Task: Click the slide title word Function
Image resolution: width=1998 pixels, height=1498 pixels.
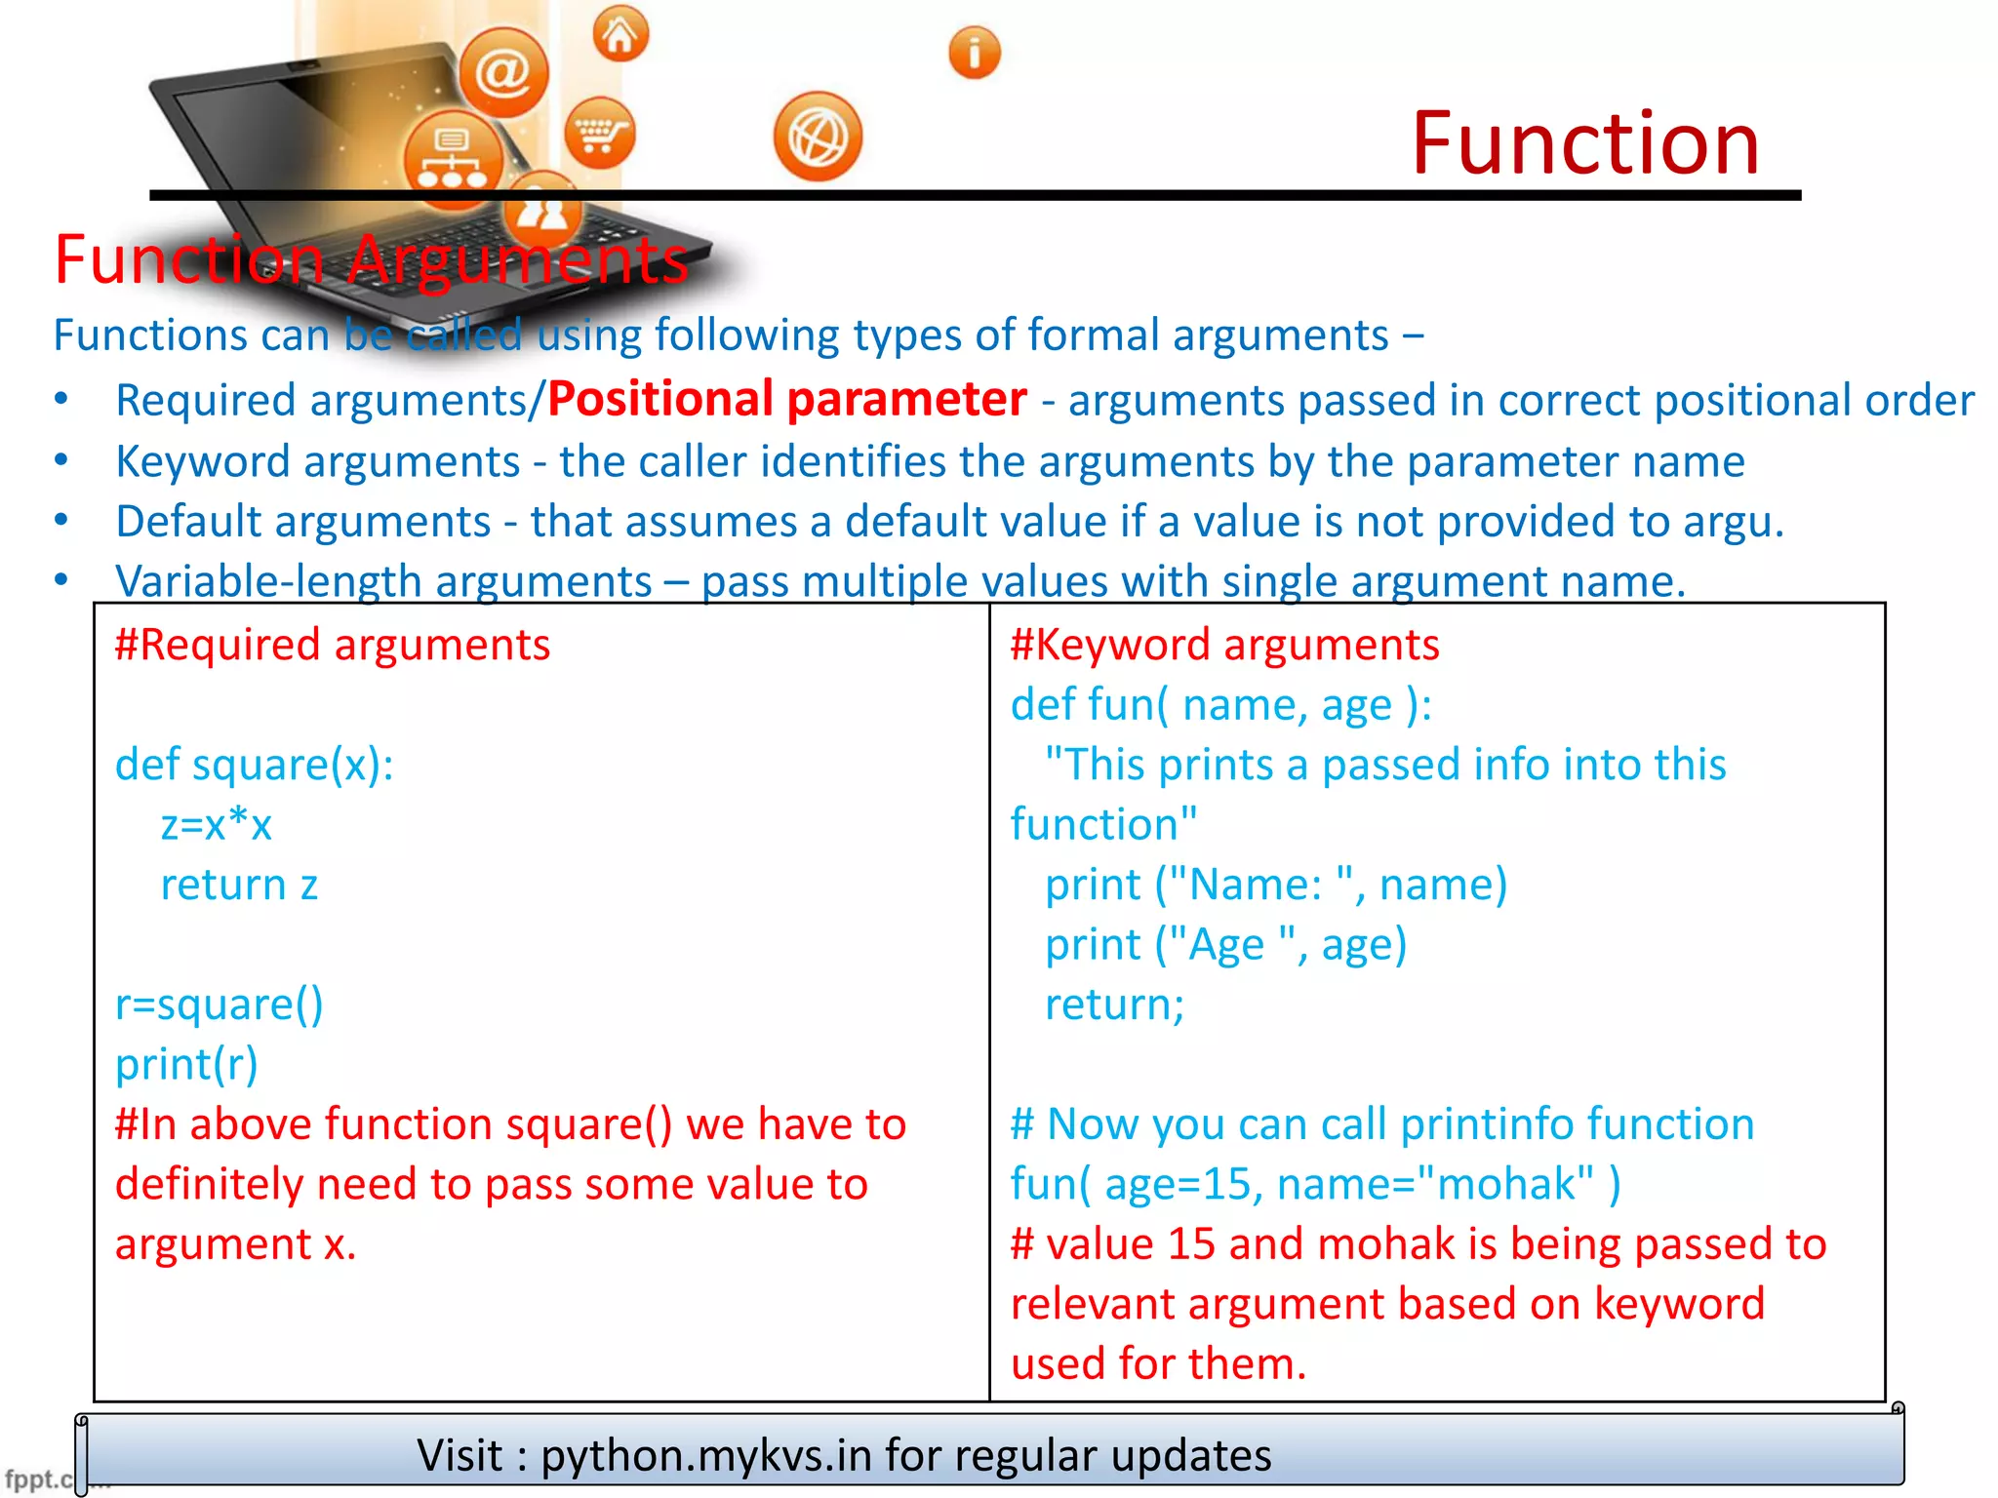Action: pyautogui.click(x=1585, y=144)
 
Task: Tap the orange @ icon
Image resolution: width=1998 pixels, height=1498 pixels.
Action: pyautogui.click(x=503, y=72)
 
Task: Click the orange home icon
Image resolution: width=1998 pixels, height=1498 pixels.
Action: pyautogui.click(x=620, y=34)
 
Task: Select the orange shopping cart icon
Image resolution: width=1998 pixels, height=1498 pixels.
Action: pyautogui.click(x=600, y=134)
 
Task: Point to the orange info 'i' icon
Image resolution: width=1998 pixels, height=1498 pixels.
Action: pyautogui.click(x=974, y=53)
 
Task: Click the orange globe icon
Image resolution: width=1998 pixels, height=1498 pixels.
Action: pyautogui.click(x=818, y=138)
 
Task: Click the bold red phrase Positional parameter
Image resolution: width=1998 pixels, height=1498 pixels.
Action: pyautogui.click(x=786, y=400)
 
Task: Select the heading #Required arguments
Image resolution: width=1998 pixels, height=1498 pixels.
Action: pyautogui.click(x=333, y=646)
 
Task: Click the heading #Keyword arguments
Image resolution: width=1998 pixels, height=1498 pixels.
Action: pyautogui.click(x=1224, y=646)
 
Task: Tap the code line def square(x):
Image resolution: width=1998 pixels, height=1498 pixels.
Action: pyautogui.click(x=255, y=765)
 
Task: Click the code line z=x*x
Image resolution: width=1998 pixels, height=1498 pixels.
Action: pyautogui.click(x=216, y=825)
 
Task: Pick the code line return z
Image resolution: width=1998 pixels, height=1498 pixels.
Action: pyautogui.click(x=239, y=886)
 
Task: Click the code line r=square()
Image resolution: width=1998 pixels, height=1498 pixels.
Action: pyautogui.click(x=219, y=1005)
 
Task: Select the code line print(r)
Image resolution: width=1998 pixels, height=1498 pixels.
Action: pyautogui.click(x=186, y=1064)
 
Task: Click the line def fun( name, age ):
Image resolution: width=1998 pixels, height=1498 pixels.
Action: pyautogui.click(x=1220, y=705)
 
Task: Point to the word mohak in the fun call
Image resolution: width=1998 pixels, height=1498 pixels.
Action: pyautogui.click(x=1506, y=1185)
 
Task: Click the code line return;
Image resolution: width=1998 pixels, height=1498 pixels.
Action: pyautogui.click(x=1114, y=1005)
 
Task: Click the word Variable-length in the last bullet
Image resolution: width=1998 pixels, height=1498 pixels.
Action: pyautogui.click(x=268, y=582)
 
